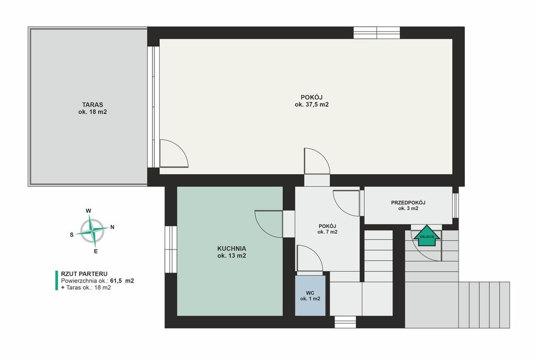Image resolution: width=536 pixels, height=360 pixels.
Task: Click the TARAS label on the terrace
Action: coord(92,105)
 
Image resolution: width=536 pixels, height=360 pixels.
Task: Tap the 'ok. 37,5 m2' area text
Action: coord(311,105)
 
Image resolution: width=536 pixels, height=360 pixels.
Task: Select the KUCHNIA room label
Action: coord(232,249)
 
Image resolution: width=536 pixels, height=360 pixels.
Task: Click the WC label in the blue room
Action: coord(310,292)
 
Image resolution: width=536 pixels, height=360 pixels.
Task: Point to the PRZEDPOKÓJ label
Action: coord(408,203)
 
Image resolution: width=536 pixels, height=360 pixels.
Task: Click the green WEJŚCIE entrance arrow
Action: coord(427,235)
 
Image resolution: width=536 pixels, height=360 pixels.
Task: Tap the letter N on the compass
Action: coord(112,227)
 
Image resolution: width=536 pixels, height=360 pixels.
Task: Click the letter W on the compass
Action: coord(88,211)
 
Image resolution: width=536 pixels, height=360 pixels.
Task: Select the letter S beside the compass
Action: coord(72,234)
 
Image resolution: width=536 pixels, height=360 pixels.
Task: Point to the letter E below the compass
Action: coord(96,252)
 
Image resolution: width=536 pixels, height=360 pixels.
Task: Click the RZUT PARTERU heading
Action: coord(84,274)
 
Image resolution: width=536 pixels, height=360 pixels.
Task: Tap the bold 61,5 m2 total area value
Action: coord(122,281)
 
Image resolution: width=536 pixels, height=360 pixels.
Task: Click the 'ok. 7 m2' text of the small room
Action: coord(328,232)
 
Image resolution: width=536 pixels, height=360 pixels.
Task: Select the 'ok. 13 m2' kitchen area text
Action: coord(232,256)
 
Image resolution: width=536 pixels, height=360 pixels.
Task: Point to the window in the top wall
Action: coord(377,33)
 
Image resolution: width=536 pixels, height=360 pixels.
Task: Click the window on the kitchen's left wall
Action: coord(171,250)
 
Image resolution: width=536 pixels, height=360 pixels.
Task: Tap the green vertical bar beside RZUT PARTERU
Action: coord(57,280)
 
